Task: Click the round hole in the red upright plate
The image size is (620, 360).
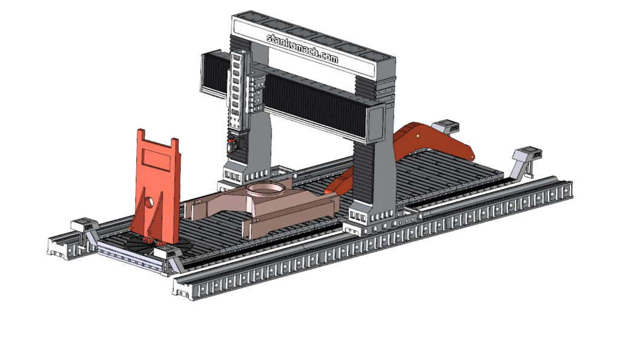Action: pos(149,201)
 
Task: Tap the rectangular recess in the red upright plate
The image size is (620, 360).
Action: pos(157,158)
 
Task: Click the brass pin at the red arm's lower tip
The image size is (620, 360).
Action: pos(472,158)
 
